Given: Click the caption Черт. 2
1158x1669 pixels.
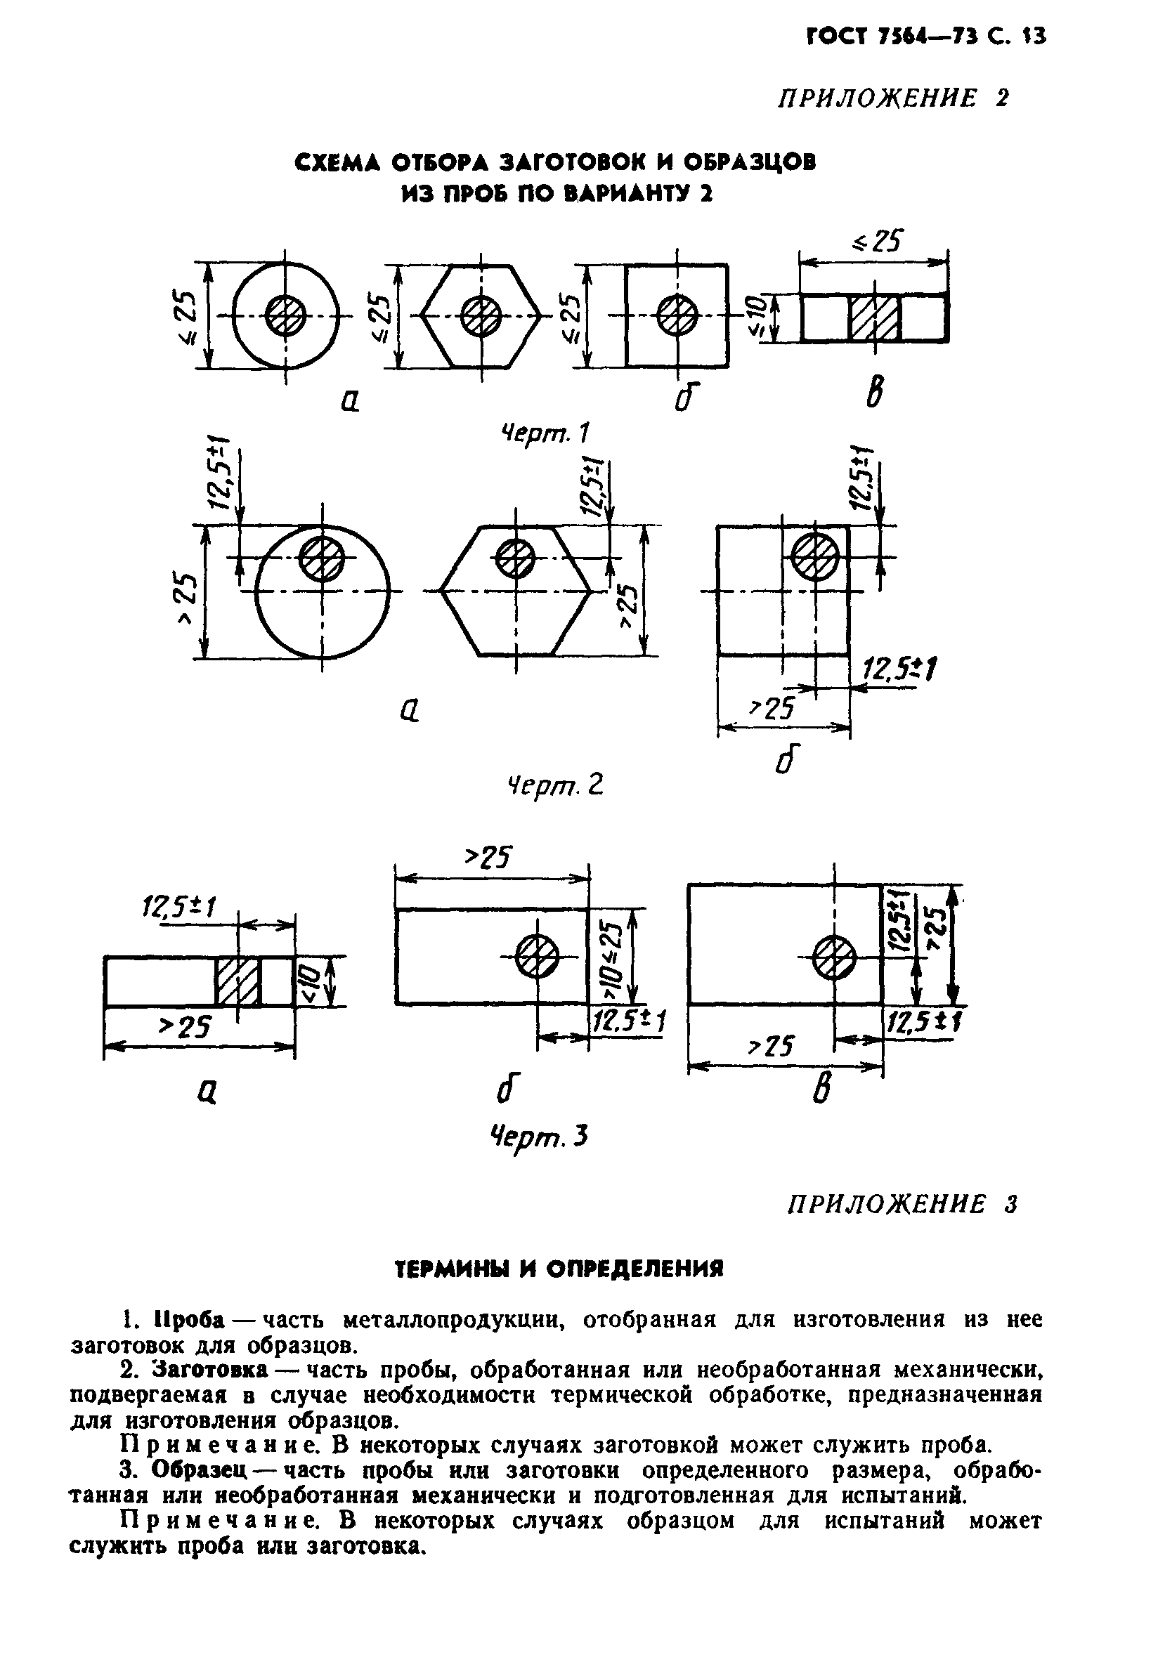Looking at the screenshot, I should click(x=554, y=784).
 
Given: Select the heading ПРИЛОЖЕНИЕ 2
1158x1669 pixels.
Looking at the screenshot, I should click(x=893, y=98).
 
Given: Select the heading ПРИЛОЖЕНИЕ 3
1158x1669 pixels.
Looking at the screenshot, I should click(x=902, y=1205).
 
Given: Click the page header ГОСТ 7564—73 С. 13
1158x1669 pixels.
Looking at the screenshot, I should click(x=926, y=37).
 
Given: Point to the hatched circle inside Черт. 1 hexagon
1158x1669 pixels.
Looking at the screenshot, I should click(x=482, y=316).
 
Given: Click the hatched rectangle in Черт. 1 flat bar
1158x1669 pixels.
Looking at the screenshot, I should click(x=874, y=318).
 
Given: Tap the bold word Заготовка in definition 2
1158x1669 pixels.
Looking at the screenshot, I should click(x=209, y=1370).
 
